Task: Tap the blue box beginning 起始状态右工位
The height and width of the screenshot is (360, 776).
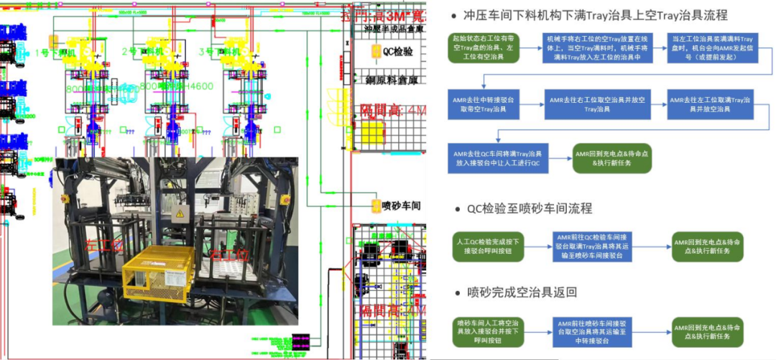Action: [484, 50]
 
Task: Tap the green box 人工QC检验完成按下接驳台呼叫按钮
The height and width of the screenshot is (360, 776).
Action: [483, 243]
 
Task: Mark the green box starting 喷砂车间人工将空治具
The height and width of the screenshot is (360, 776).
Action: [483, 331]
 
